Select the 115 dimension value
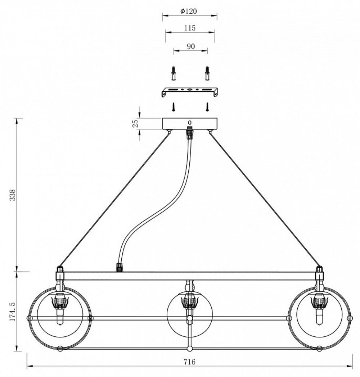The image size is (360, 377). [189, 28]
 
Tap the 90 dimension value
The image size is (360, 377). [190, 46]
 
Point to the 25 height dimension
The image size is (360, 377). [136, 124]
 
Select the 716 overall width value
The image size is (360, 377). [189, 362]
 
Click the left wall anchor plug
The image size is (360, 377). [174, 74]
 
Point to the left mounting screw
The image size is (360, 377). [174, 106]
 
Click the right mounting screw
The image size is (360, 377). [207, 106]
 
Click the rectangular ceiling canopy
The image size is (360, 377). [190, 124]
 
